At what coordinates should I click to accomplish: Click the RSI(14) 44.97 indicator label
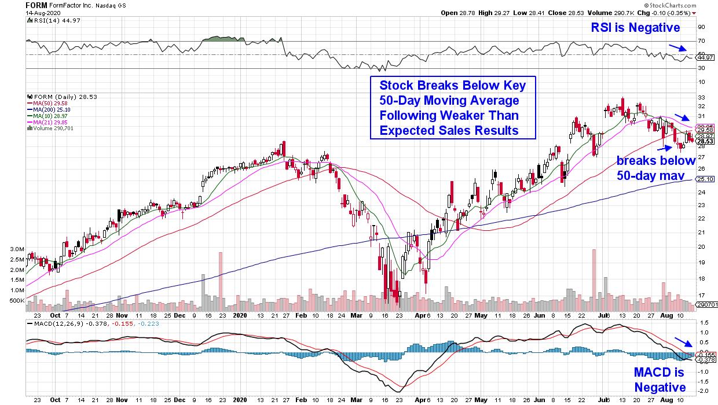(49, 21)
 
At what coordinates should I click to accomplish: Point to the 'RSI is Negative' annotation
(635, 27)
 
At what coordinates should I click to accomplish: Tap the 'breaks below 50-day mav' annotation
(649, 167)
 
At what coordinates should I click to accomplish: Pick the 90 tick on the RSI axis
(701, 27)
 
